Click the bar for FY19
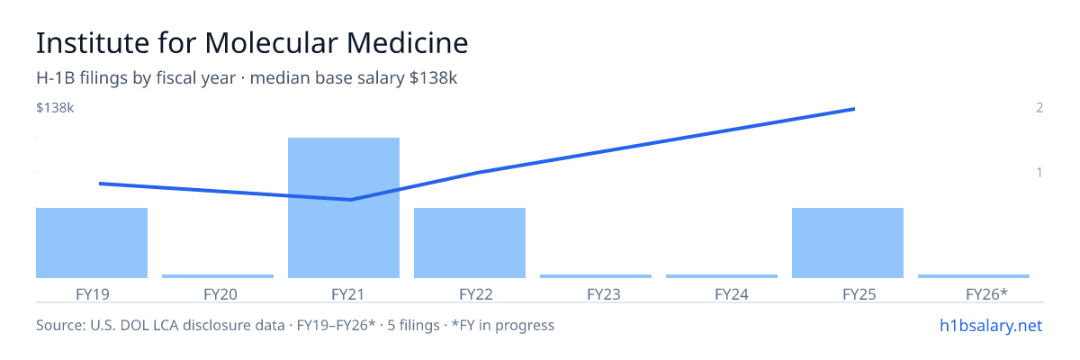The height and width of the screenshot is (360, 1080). (92, 243)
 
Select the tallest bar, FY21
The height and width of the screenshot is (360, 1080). (344, 208)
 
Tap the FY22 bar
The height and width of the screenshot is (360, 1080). (470, 243)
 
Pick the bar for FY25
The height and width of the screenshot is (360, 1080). (848, 243)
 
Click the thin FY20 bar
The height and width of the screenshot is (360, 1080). (218, 276)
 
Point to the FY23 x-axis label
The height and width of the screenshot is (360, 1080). (604, 294)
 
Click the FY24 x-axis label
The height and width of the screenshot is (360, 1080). (732, 294)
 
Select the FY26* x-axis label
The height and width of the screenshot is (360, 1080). (986, 294)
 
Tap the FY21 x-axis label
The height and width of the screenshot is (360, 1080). (347, 294)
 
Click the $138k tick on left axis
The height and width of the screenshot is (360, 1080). (55, 107)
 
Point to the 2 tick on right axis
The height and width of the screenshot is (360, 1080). (1039, 107)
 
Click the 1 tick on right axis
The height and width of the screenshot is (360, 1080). (1039, 173)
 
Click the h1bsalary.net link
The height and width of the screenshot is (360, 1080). (991, 325)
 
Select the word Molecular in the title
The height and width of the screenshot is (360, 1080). (271, 42)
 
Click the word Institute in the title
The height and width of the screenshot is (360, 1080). (93, 42)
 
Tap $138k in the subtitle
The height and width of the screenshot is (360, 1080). (433, 77)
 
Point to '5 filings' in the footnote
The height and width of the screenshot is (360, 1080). (413, 325)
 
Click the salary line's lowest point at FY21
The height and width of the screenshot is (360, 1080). (350, 200)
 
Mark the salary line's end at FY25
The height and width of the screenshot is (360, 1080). (854, 109)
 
